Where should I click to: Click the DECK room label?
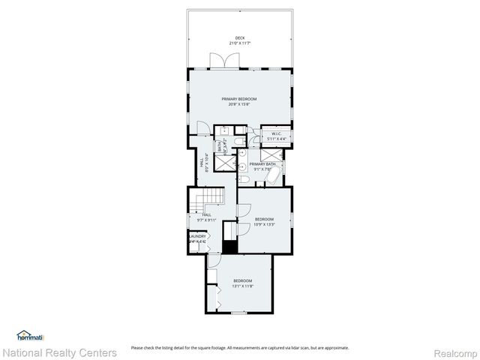(x=239, y=37)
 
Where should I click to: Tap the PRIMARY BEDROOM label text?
(x=239, y=99)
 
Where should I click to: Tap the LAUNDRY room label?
(x=196, y=236)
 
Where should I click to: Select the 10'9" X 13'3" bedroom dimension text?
(x=263, y=224)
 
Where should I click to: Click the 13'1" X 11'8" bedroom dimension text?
(x=242, y=286)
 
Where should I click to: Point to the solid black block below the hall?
(x=229, y=247)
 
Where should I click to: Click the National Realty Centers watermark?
(x=60, y=352)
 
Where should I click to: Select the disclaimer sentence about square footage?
(x=239, y=347)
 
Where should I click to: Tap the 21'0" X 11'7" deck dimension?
(x=239, y=43)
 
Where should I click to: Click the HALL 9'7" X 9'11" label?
(x=205, y=217)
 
